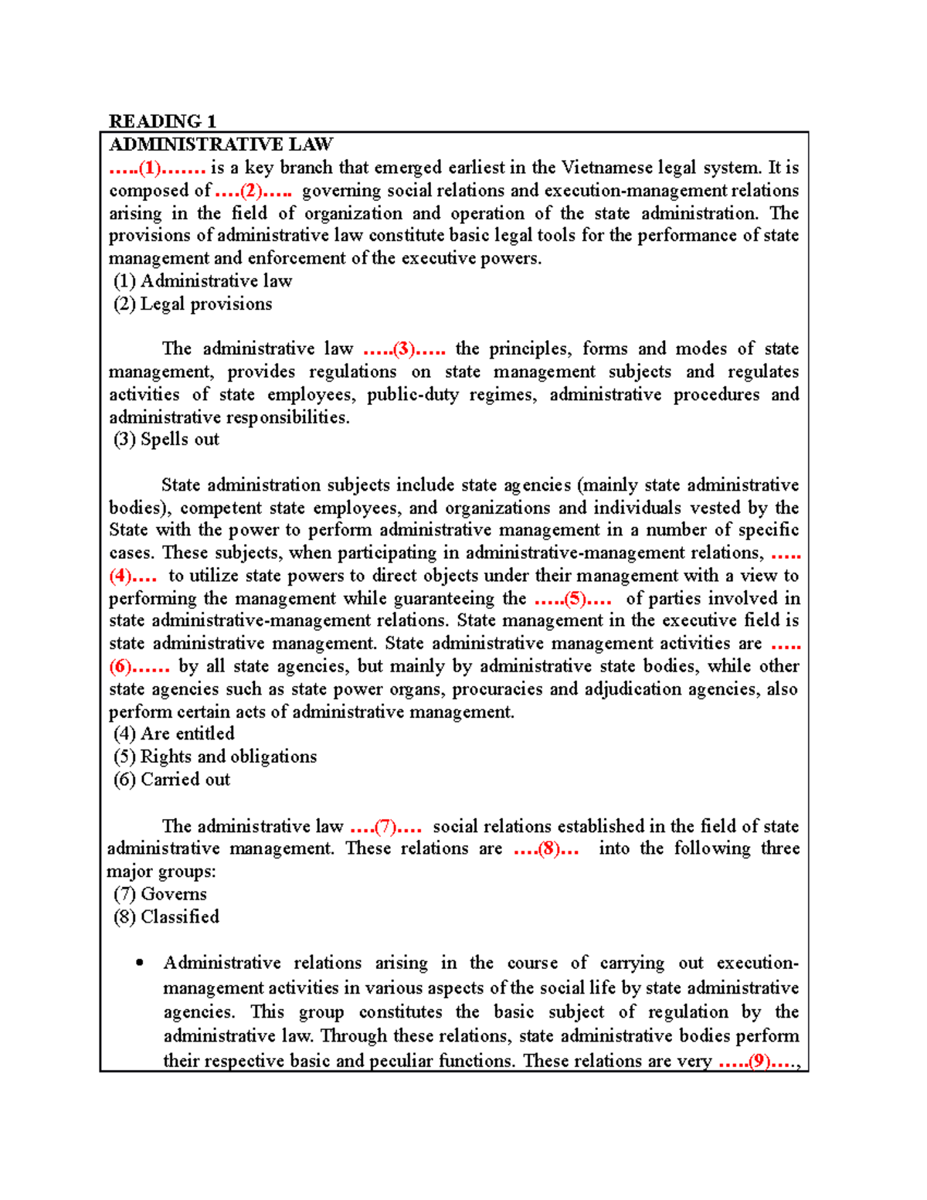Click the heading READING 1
pos(162,121)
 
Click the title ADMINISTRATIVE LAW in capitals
pos(221,144)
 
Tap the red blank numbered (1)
pos(157,168)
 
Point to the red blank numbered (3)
pos(404,349)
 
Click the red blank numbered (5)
pos(573,599)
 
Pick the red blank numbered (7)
pos(385,827)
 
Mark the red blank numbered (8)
pos(547,849)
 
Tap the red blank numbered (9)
pos(759,1061)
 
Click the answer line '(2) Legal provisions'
pos(192,304)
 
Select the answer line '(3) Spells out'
pos(166,440)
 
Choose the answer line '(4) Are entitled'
pos(174,734)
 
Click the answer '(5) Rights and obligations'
pos(215,757)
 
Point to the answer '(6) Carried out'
pos(171,780)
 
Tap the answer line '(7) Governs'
pos(160,895)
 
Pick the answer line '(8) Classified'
pos(166,917)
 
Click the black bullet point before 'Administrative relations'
pos(139,963)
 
